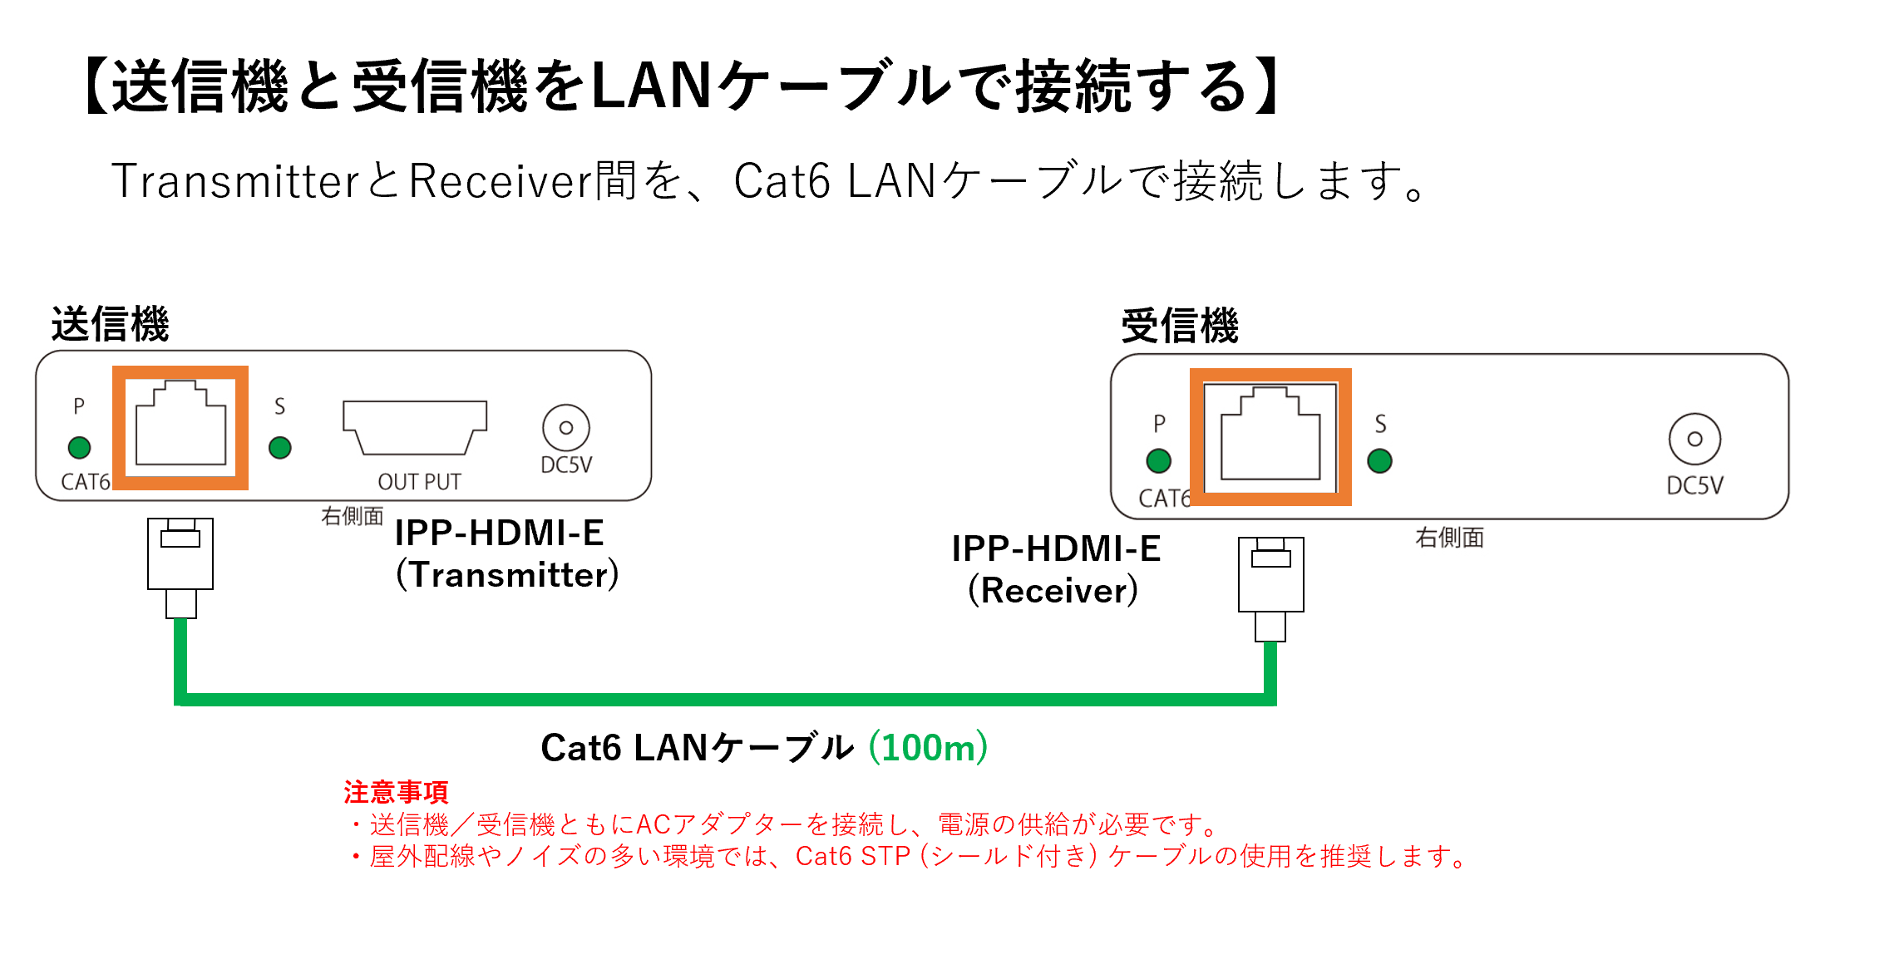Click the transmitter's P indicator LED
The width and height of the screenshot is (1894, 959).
79,448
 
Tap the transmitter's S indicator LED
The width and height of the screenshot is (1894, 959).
280,448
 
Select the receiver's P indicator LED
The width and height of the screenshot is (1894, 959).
1158,460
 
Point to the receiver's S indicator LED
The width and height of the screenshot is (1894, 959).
1379,460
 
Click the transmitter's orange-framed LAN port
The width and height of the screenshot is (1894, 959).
180,427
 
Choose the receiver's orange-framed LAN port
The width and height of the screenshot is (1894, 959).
1270,436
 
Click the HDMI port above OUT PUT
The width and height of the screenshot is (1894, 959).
415,427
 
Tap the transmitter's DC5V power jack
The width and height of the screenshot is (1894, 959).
566,428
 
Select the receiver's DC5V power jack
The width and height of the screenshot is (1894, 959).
1694,439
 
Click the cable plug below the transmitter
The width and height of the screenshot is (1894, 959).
180,565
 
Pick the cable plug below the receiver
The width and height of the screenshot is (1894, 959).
1270,586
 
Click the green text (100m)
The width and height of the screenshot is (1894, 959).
928,748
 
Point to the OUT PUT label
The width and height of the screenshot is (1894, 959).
419,482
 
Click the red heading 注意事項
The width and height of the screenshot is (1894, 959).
396,792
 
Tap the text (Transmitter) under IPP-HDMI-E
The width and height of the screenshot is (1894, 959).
507,575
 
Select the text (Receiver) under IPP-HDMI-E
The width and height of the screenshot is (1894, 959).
1053,591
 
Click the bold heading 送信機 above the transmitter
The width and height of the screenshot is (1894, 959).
110,324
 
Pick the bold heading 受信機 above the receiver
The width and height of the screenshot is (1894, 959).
1180,326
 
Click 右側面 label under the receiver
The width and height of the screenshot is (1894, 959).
1449,538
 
